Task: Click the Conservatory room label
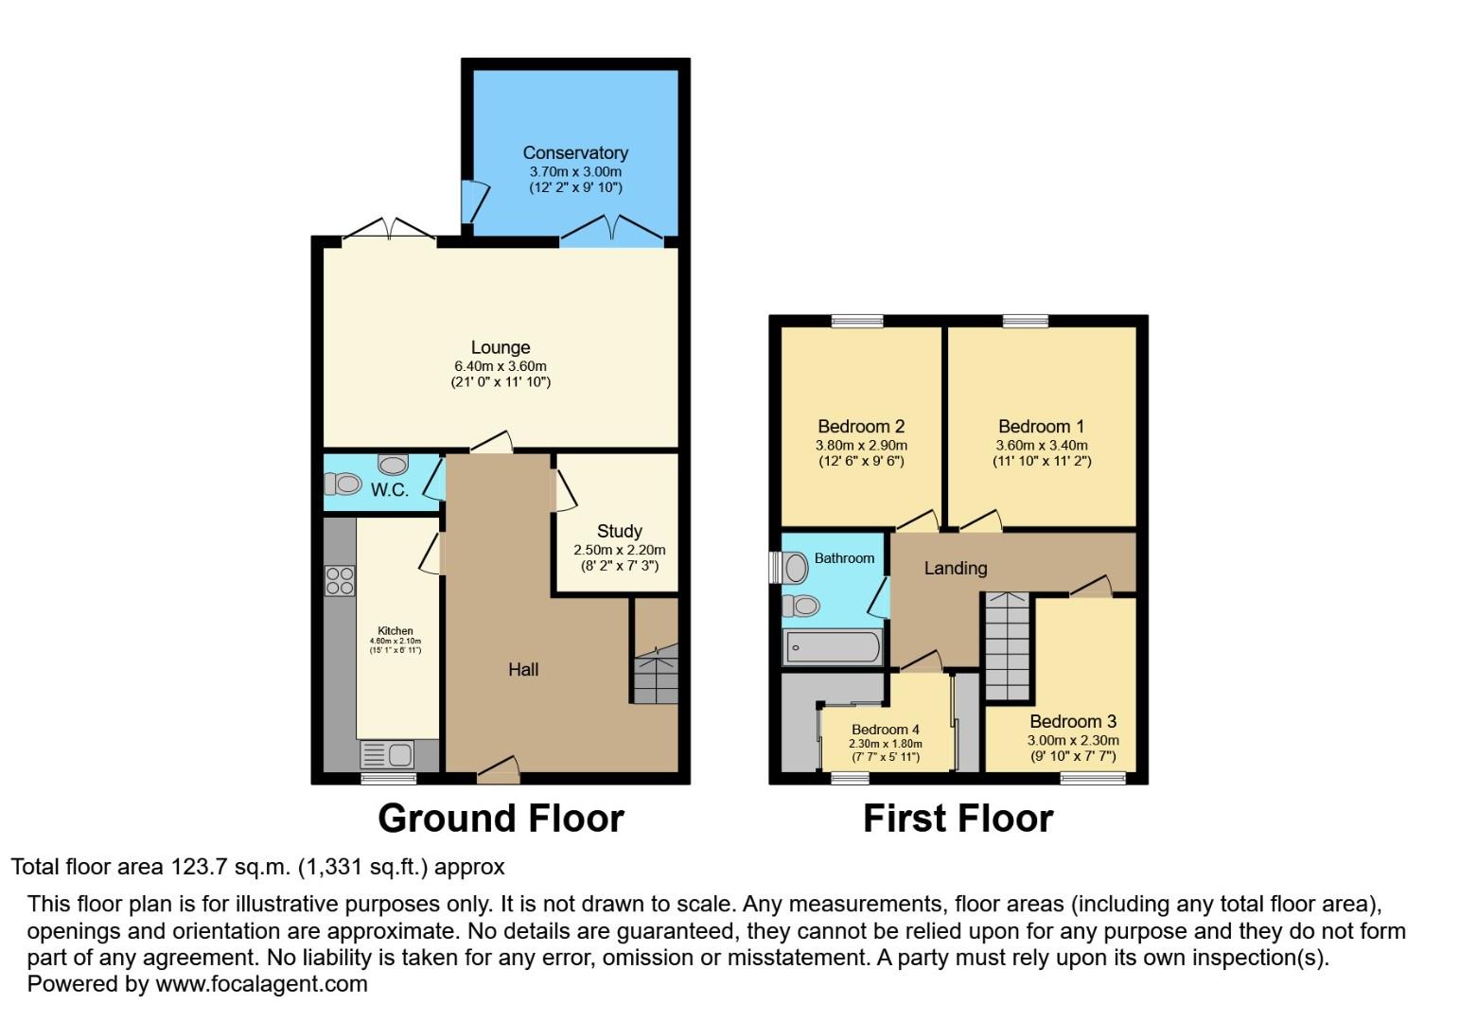click(575, 153)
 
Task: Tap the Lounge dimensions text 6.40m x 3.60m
click(501, 366)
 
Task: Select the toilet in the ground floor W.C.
click(343, 485)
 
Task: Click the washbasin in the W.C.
click(393, 464)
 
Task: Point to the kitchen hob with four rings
click(340, 580)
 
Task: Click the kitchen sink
click(388, 755)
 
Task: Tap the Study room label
click(620, 531)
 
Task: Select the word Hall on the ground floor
click(523, 670)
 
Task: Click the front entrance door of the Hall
click(498, 770)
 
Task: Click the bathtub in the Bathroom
click(833, 648)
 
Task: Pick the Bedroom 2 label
click(861, 427)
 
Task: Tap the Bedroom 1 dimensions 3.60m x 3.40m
click(1041, 445)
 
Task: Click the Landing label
click(955, 568)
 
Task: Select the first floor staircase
click(1008, 647)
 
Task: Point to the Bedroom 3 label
click(1073, 722)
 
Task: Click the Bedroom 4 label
click(885, 730)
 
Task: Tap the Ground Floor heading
click(501, 819)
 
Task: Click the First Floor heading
click(958, 819)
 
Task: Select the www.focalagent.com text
click(261, 984)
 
